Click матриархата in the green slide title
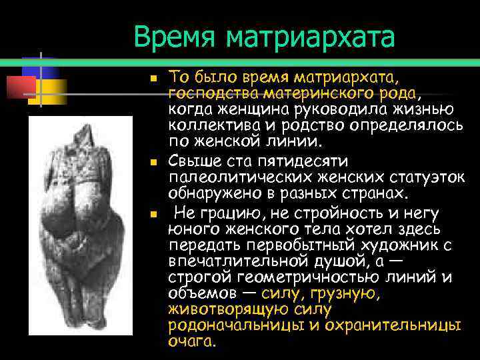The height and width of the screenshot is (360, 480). [310, 38]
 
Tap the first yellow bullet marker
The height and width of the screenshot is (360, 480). [153, 78]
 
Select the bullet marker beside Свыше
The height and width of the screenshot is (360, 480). [153, 162]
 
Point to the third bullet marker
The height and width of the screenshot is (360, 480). [153, 215]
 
